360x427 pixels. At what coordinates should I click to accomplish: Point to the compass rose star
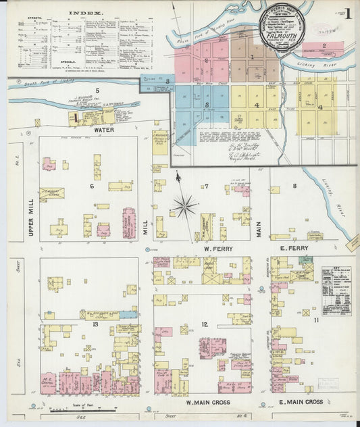pyautogui.click(x=184, y=205)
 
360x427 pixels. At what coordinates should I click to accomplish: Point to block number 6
pyautogui.click(x=92, y=185)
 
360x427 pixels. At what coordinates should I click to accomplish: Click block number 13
pyautogui.click(x=95, y=324)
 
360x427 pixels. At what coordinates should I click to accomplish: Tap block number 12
pyautogui.click(x=204, y=325)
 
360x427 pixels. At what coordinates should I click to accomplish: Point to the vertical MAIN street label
pyautogui.click(x=258, y=224)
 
